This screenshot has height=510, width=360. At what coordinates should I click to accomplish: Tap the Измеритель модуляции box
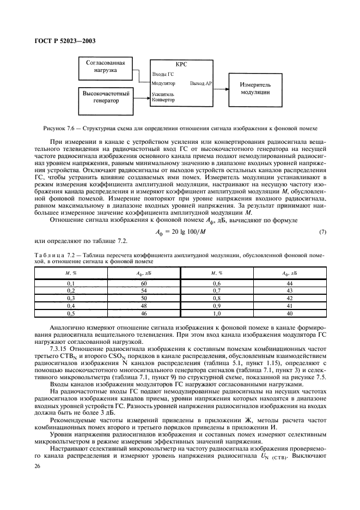tap(259, 88)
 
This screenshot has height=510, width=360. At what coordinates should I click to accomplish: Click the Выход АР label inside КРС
tap(201, 83)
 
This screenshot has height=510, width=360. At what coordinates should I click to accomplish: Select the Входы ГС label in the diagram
tap(163, 74)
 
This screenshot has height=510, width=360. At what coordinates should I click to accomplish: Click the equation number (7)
tap(322, 233)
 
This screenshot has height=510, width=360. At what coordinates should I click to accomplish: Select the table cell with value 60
tap(144, 283)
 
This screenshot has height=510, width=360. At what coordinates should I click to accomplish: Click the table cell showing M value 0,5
tap(71, 313)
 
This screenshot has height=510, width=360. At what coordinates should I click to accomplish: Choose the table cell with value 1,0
tap(217, 313)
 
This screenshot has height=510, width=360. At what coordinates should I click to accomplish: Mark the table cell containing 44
tap(289, 283)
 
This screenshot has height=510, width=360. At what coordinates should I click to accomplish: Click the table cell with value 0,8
tap(217, 299)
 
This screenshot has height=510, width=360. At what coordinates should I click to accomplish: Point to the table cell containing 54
tap(144, 291)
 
